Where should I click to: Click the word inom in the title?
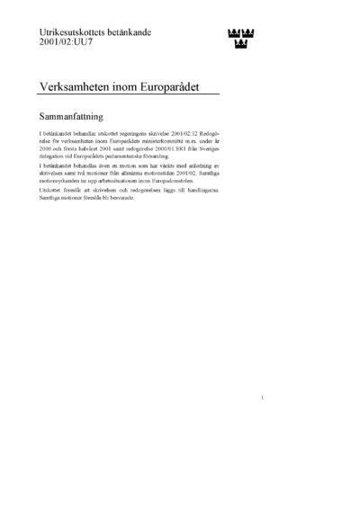[x=130, y=85]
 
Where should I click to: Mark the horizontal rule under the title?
[x=131, y=96]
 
